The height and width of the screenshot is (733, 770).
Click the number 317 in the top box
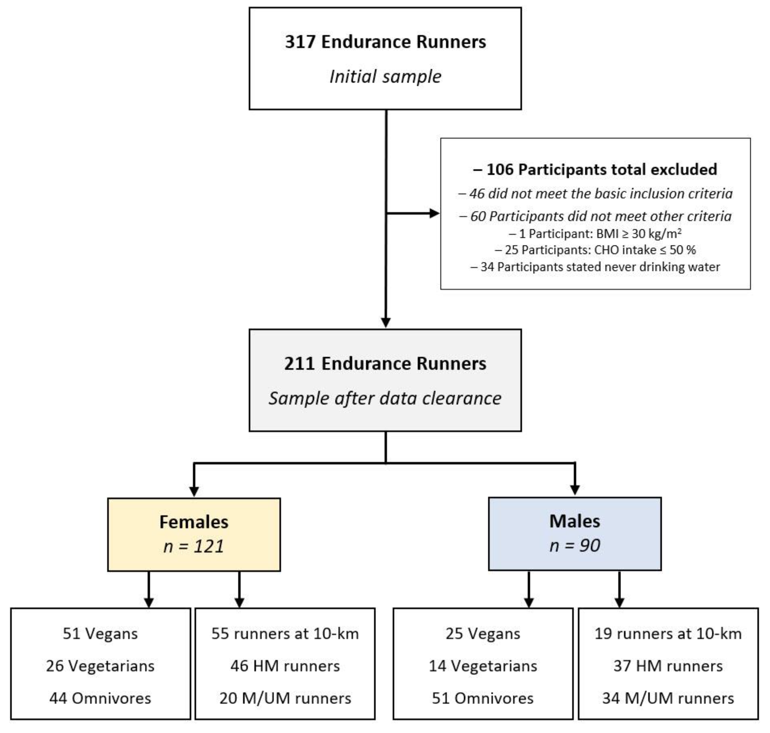(x=300, y=42)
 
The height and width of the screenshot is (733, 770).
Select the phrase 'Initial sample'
(x=385, y=76)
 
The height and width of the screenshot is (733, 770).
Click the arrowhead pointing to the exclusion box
(x=435, y=213)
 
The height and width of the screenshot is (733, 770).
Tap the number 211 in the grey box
(x=299, y=364)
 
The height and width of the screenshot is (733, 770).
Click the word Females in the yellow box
(x=194, y=522)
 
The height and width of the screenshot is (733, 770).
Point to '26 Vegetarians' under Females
(x=100, y=666)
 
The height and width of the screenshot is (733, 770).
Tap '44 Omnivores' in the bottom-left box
(x=100, y=698)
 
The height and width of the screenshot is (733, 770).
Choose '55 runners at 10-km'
(x=285, y=634)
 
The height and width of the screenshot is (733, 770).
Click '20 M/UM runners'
(x=285, y=698)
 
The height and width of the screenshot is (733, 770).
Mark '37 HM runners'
(x=668, y=666)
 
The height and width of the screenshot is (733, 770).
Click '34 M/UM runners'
(x=668, y=698)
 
